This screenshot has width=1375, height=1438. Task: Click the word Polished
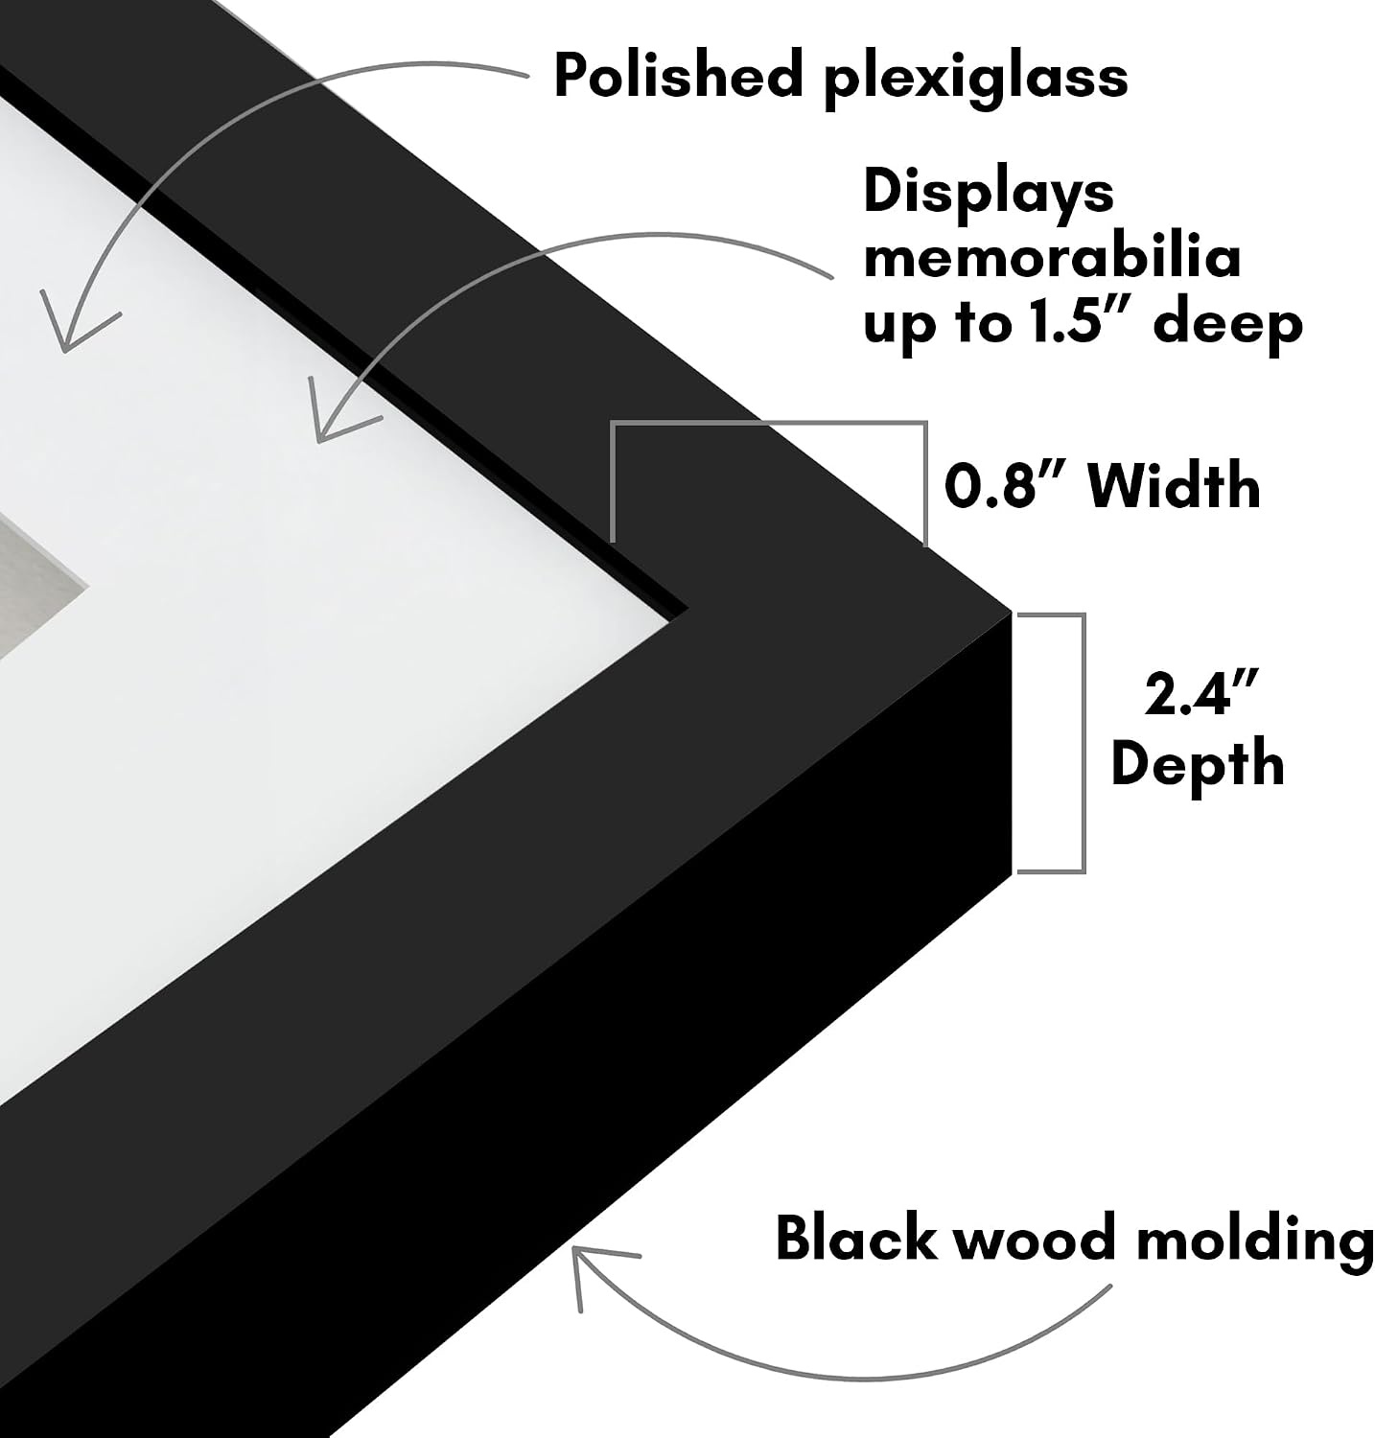coord(678,76)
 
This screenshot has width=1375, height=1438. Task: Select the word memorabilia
coord(1052,258)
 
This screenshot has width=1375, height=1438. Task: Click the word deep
coord(1228,326)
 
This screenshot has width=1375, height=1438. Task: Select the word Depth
coord(1198,764)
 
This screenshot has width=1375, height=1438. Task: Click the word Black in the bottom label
coord(855,1237)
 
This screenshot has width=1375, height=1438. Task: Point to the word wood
coord(1038,1238)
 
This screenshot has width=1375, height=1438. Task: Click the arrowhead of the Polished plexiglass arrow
coord(64,349)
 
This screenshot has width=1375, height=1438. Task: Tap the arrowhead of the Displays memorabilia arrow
coord(320,439)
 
